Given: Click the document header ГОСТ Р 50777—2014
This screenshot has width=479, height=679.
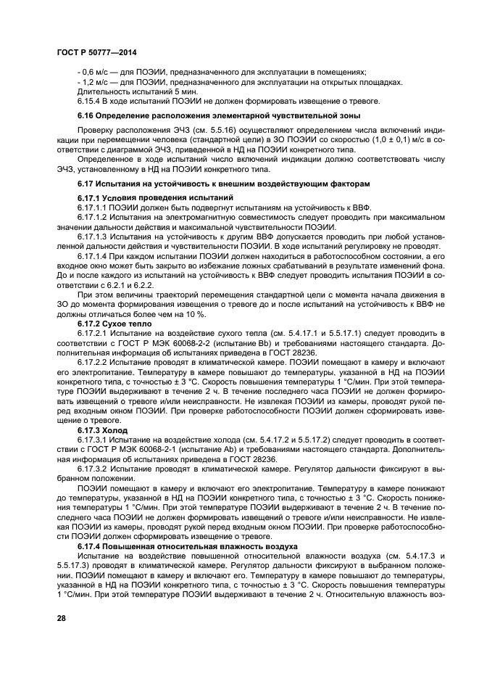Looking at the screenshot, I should click(96, 54).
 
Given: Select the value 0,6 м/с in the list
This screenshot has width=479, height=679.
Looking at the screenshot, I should click(96, 71).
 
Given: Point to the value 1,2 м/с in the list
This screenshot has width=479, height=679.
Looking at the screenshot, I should click(96, 82).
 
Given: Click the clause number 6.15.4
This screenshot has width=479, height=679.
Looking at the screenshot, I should click(91, 102).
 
